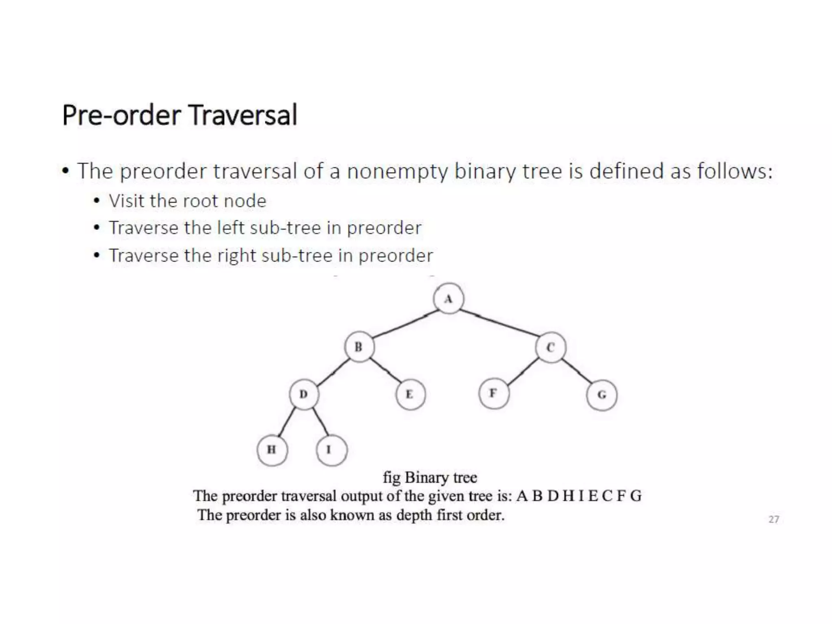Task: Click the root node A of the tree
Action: point(448,299)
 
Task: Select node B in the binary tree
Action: point(359,347)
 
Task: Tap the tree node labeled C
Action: point(550,347)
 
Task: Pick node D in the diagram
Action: point(304,394)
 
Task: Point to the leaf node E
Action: point(410,394)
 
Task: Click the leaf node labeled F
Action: point(493,393)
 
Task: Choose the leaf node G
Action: point(602,394)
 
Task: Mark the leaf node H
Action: point(272,450)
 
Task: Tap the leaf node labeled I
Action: point(331,450)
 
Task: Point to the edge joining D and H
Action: point(287,422)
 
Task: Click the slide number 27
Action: point(773,519)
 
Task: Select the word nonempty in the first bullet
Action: point(397,171)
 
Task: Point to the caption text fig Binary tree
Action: point(430,477)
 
